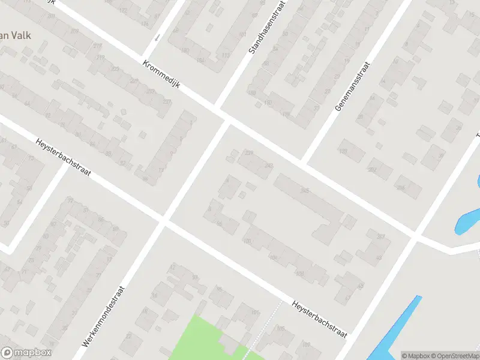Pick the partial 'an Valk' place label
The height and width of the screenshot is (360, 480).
point(14,35)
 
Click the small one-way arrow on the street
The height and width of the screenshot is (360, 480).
point(157,37)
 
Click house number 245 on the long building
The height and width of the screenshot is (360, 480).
point(305,191)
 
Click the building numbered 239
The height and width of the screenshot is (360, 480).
point(249,154)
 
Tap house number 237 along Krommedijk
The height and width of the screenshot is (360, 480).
point(167,102)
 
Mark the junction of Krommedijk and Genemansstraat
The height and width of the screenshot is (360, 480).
point(304,161)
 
